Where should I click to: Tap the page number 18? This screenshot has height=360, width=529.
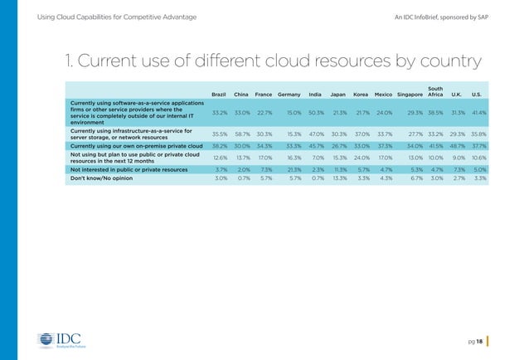[480, 340]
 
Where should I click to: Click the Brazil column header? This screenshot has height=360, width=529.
[220, 93]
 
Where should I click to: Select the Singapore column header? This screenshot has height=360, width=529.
[412, 93]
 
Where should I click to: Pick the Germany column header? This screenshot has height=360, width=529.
[289, 93]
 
